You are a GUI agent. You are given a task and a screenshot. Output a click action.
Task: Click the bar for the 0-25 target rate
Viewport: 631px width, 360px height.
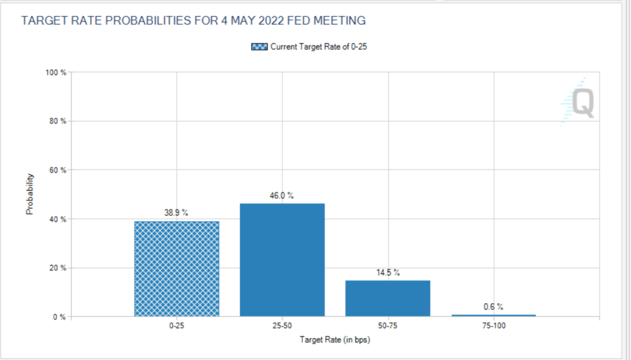[x=176, y=269]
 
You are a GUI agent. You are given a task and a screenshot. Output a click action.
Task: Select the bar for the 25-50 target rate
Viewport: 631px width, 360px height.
[x=282, y=260]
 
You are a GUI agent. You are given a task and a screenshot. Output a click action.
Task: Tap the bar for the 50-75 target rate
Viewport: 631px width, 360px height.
[x=387, y=298]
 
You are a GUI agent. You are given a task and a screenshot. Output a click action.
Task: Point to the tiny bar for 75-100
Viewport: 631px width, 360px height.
[x=493, y=316]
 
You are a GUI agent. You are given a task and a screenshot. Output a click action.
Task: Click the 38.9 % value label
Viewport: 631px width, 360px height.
[x=176, y=213]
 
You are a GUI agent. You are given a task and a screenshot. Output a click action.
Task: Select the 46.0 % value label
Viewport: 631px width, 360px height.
[x=282, y=195]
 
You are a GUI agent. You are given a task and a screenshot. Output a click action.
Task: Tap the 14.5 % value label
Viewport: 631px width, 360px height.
[x=388, y=272]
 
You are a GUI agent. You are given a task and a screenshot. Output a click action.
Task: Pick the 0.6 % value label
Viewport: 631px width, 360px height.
[x=493, y=306]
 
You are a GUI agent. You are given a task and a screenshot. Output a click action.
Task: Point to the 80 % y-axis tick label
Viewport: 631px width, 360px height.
[x=57, y=121]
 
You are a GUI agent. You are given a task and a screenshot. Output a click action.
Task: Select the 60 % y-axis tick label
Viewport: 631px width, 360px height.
[x=57, y=170]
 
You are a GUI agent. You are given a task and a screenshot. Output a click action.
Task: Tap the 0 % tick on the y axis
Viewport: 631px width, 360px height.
[x=59, y=317]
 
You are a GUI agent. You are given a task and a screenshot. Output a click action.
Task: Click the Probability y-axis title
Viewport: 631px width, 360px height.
[x=29, y=195]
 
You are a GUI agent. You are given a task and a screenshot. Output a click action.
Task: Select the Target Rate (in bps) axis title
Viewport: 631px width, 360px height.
[x=334, y=340]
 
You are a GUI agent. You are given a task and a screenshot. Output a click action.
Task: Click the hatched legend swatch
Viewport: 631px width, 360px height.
[x=259, y=47]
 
